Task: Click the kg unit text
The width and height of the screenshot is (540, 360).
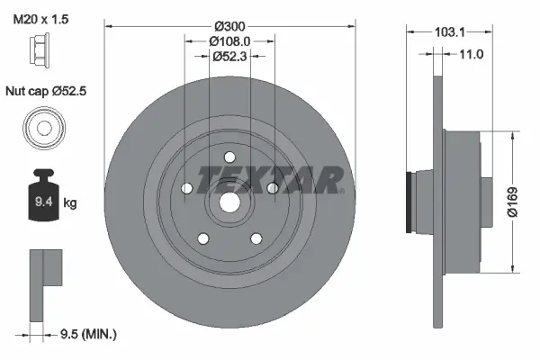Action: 70,203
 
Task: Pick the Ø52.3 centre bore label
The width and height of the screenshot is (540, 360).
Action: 229,56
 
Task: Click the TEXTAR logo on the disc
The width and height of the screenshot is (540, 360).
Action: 271,179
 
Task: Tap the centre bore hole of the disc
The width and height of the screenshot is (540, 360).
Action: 229,203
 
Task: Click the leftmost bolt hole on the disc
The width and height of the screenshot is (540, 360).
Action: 185,189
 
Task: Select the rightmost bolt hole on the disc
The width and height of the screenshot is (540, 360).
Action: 271,188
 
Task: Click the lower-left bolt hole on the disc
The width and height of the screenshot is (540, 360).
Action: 202,238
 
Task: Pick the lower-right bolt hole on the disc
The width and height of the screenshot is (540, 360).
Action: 255,238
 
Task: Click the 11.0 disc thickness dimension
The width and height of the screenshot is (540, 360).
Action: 472,54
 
